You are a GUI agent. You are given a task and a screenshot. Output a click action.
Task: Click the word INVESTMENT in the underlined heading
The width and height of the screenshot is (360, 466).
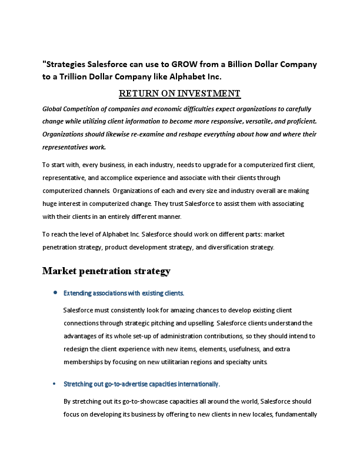click(206, 93)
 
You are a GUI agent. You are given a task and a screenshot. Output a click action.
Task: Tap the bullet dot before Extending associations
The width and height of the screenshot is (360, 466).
click(55, 292)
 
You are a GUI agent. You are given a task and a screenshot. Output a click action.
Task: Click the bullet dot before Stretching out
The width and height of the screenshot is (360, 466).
click(55, 384)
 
